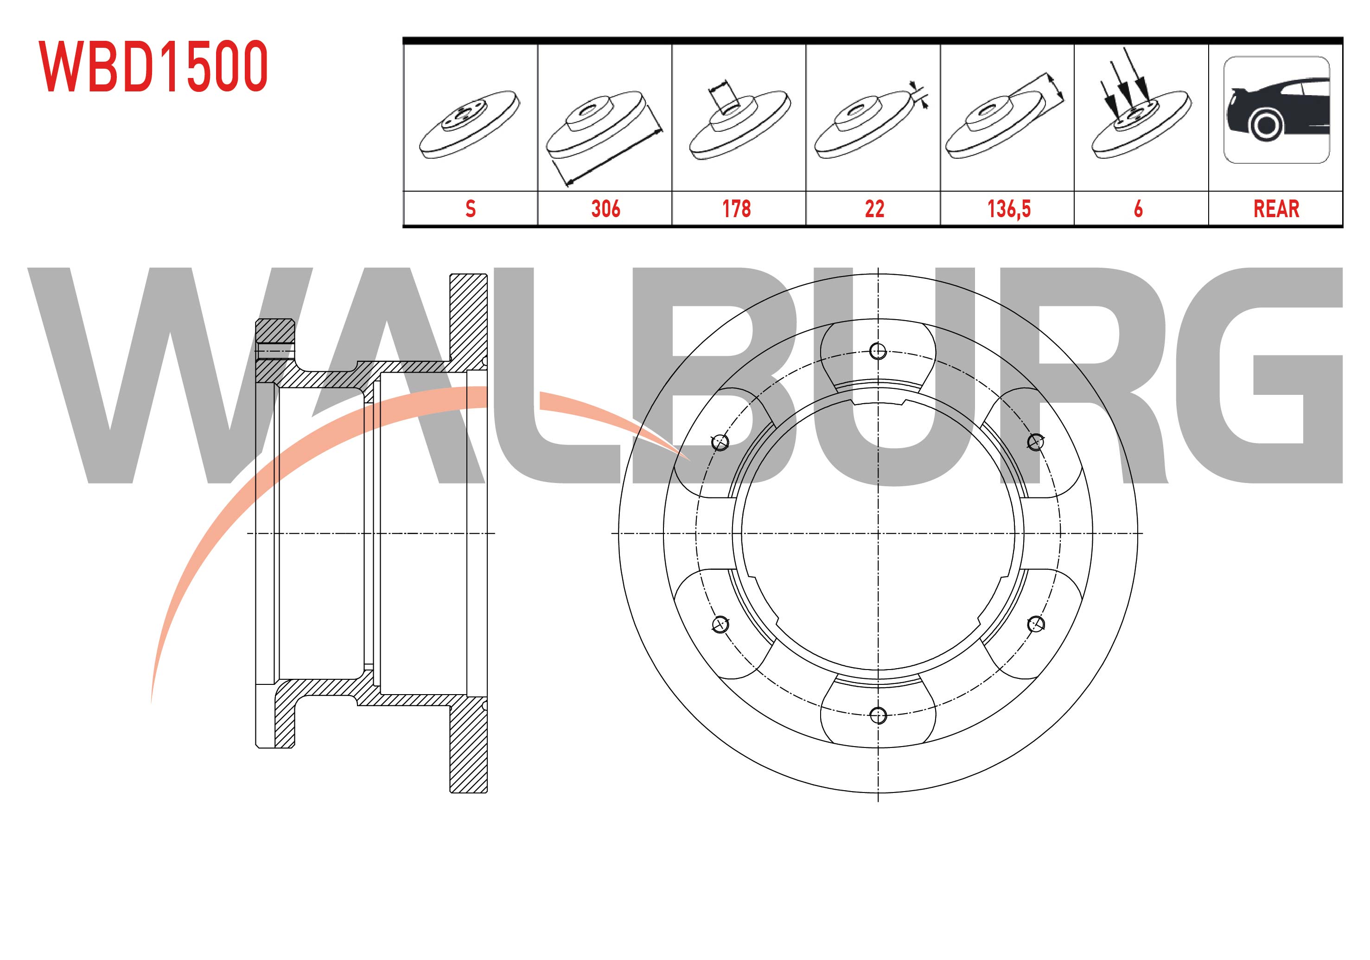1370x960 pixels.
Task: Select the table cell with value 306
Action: pos(605,209)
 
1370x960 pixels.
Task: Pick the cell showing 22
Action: pos(874,209)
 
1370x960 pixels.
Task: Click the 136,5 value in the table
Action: pos(1008,209)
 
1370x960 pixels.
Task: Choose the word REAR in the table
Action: pos(1276,209)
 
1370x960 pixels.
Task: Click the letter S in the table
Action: pos(470,209)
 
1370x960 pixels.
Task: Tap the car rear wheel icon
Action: pos(1276,110)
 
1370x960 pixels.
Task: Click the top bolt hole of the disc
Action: pos(878,351)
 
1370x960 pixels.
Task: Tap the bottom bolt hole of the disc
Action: pos(878,715)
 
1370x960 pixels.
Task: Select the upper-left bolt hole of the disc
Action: pos(720,442)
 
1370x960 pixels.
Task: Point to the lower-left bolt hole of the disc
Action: pos(720,625)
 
